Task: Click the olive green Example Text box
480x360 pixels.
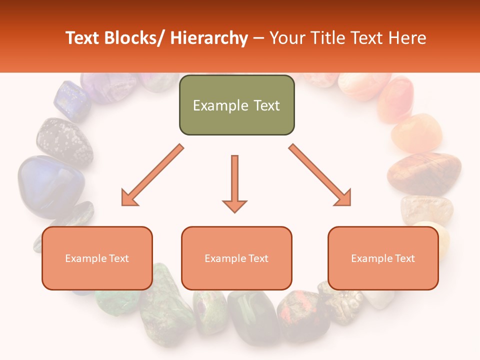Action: click(236, 105)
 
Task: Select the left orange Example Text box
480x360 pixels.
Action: click(97, 258)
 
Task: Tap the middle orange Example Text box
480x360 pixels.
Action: click(236, 258)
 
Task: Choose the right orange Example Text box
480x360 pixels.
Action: click(383, 258)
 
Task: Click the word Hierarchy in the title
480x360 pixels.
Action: click(209, 38)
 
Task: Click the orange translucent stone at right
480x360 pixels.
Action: click(416, 132)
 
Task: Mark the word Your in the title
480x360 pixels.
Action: click(287, 38)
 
